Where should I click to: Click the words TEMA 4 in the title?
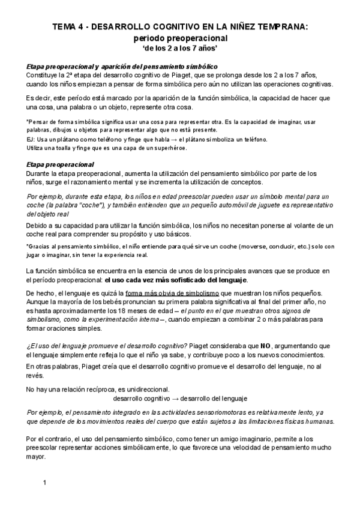tap(68, 26)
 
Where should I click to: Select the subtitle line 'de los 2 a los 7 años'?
tap(179, 48)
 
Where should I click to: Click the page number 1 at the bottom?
tap(45, 483)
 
